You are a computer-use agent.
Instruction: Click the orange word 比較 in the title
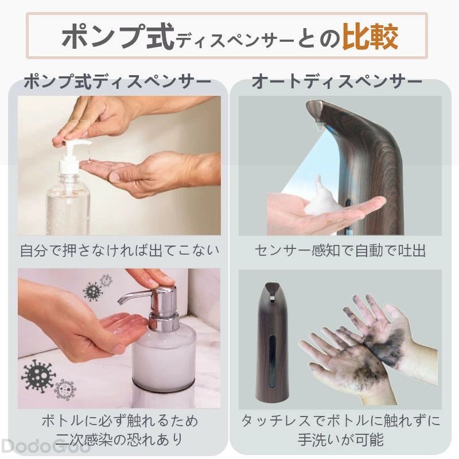[370, 36]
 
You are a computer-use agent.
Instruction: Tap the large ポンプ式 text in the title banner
[118, 36]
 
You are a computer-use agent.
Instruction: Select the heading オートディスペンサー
[337, 81]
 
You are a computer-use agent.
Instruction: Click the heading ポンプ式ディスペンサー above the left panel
[118, 81]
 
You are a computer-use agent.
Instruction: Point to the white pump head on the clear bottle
[74, 152]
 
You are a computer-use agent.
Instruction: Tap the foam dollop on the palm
[321, 197]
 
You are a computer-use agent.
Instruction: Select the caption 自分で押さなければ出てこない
[119, 251]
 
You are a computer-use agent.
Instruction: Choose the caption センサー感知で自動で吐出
[340, 251]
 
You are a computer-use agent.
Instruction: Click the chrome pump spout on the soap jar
[133, 297]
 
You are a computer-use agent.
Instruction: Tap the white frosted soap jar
[165, 357]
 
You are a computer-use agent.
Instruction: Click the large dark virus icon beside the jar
[37, 376]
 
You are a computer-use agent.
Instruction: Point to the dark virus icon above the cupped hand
[93, 291]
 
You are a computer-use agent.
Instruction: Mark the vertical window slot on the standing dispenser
[272, 361]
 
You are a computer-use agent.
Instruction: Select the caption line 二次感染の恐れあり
[119, 439]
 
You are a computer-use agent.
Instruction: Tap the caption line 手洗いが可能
[340, 439]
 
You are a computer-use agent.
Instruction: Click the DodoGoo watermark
[45, 447]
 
